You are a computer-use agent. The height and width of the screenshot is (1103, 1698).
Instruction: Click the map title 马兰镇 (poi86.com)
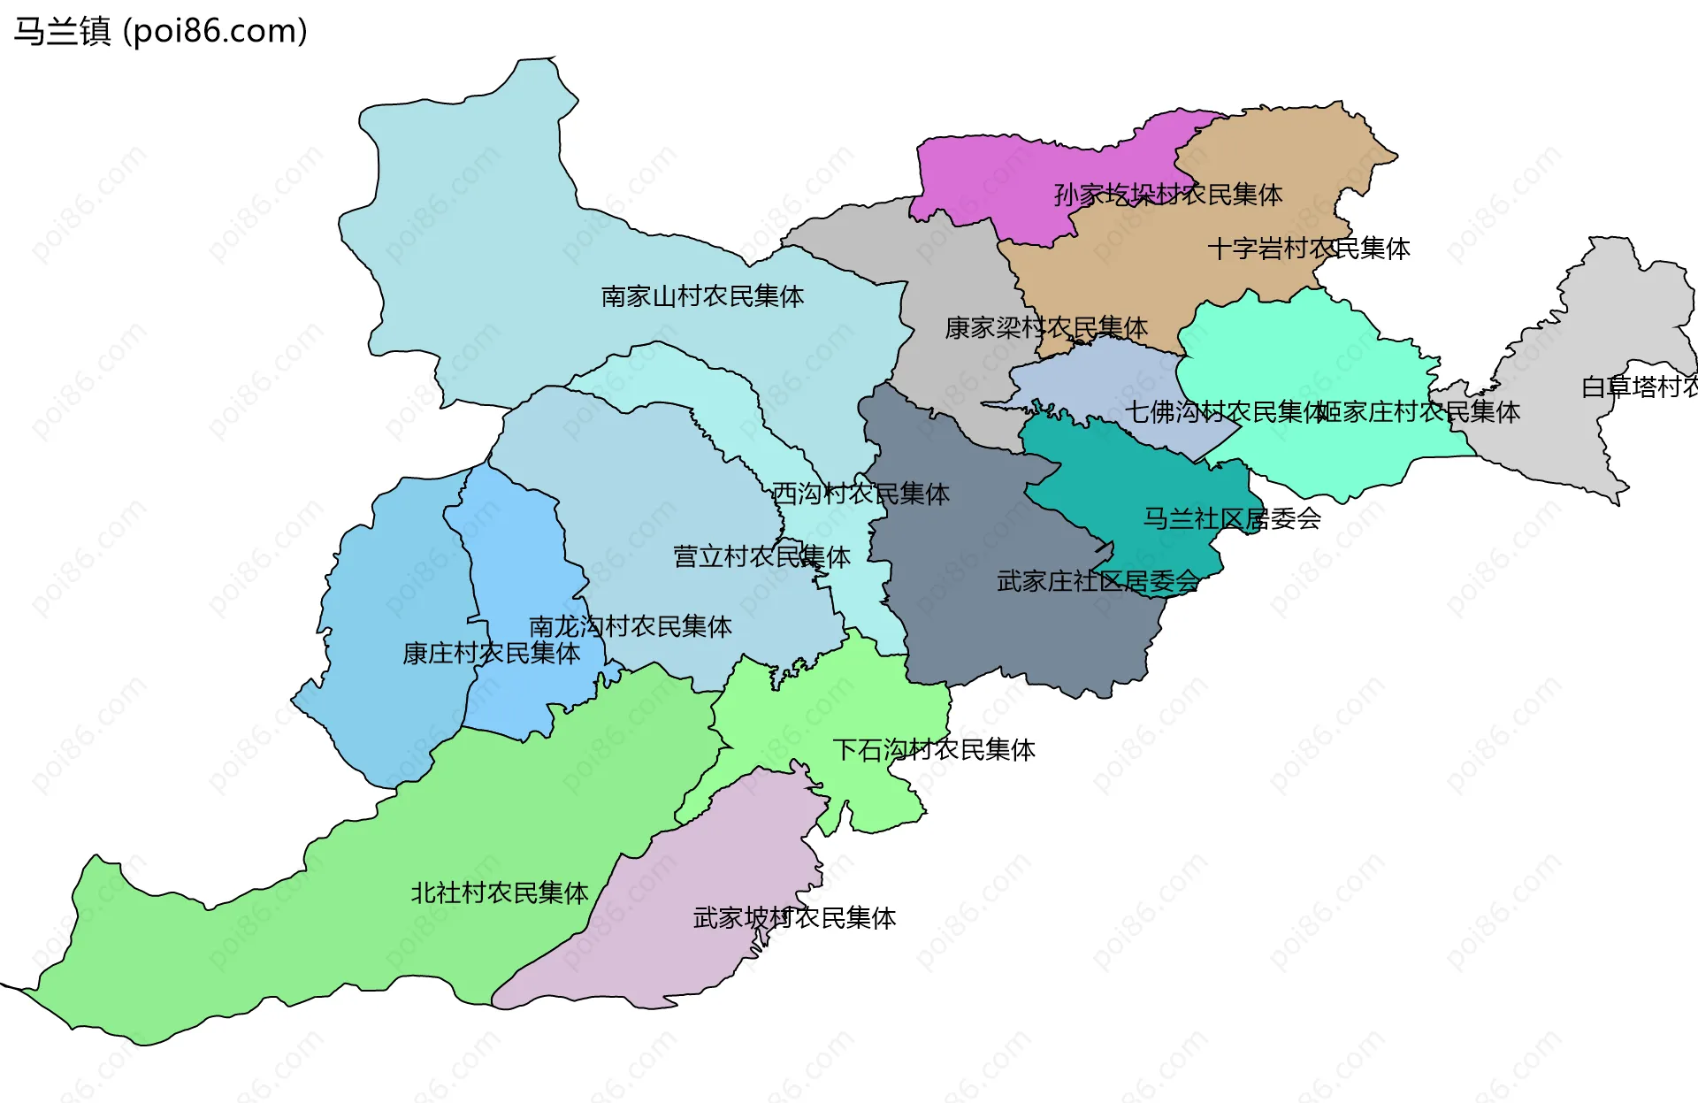click(160, 31)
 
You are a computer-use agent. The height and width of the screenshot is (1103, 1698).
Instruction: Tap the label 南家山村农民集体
click(702, 296)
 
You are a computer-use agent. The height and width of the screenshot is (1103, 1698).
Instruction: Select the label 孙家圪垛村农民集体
click(1167, 195)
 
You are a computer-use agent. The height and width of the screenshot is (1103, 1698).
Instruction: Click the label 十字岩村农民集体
click(1308, 249)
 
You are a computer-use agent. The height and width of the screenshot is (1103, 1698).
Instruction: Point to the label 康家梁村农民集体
click(1045, 328)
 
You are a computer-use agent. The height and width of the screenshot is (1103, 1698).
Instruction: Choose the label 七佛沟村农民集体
click(1225, 412)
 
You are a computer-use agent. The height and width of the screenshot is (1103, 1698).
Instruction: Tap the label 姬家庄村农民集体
click(1418, 412)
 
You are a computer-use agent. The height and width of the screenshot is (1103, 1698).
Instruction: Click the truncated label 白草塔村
click(1639, 387)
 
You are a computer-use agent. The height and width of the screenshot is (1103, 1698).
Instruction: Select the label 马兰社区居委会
click(1232, 518)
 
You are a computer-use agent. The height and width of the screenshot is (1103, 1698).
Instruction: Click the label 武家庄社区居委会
click(1098, 582)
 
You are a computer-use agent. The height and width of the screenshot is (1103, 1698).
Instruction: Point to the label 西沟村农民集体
click(860, 494)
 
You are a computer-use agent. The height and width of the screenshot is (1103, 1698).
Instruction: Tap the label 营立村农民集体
click(761, 556)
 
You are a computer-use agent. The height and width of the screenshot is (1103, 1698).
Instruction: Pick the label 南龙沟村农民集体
click(630, 627)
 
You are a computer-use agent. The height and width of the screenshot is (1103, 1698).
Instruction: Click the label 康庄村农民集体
click(491, 654)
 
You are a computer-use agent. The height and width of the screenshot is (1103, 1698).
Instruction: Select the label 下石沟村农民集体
click(934, 750)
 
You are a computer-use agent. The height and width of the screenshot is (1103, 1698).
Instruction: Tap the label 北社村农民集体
click(499, 893)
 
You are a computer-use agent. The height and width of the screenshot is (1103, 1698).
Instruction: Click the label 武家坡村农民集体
click(794, 918)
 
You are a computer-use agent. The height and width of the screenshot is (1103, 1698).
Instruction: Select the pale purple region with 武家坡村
click(672, 955)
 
